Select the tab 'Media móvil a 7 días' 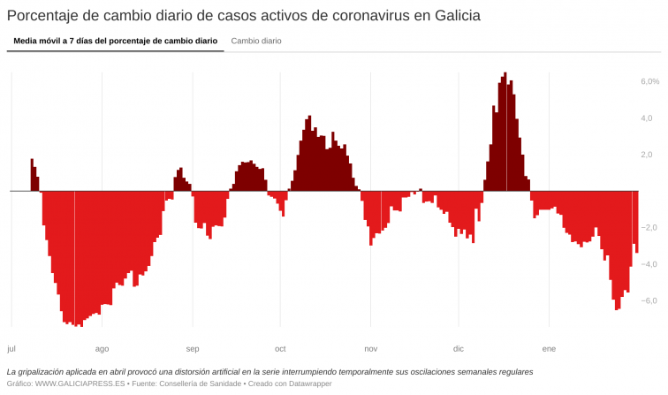[x=115, y=41]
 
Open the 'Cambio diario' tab [x=256, y=41]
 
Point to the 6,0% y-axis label [x=649, y=81]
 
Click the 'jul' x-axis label [x=11, y=348]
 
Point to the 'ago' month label [x=102, y=348]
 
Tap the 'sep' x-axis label [x=193, y=348]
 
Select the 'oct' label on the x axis [x=280, y=348]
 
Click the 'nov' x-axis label [x=371, y=348]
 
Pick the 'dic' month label [x=458, y=348]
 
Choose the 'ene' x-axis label [x=549, y=348]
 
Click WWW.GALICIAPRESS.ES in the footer [x=80, y=384]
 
